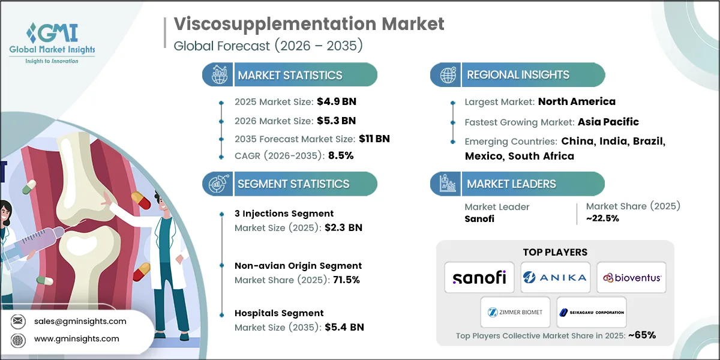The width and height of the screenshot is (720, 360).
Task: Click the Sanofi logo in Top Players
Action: tap(479, 277)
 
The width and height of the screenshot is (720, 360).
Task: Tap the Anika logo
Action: tap(555, 277)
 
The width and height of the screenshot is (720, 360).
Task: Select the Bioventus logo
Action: tap(631, 277)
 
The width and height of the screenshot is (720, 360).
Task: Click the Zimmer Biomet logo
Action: tap(515, 312)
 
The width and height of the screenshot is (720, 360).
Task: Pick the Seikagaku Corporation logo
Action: tap(592, 312)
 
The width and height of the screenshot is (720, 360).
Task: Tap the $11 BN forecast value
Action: tap(374, 139)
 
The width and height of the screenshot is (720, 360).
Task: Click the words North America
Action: tap(576, 101)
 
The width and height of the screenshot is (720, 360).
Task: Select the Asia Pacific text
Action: tap(608, 122)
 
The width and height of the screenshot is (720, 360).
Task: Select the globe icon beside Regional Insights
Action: tap(447, 75)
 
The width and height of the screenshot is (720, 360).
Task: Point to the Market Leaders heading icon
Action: tap(447, 184)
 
